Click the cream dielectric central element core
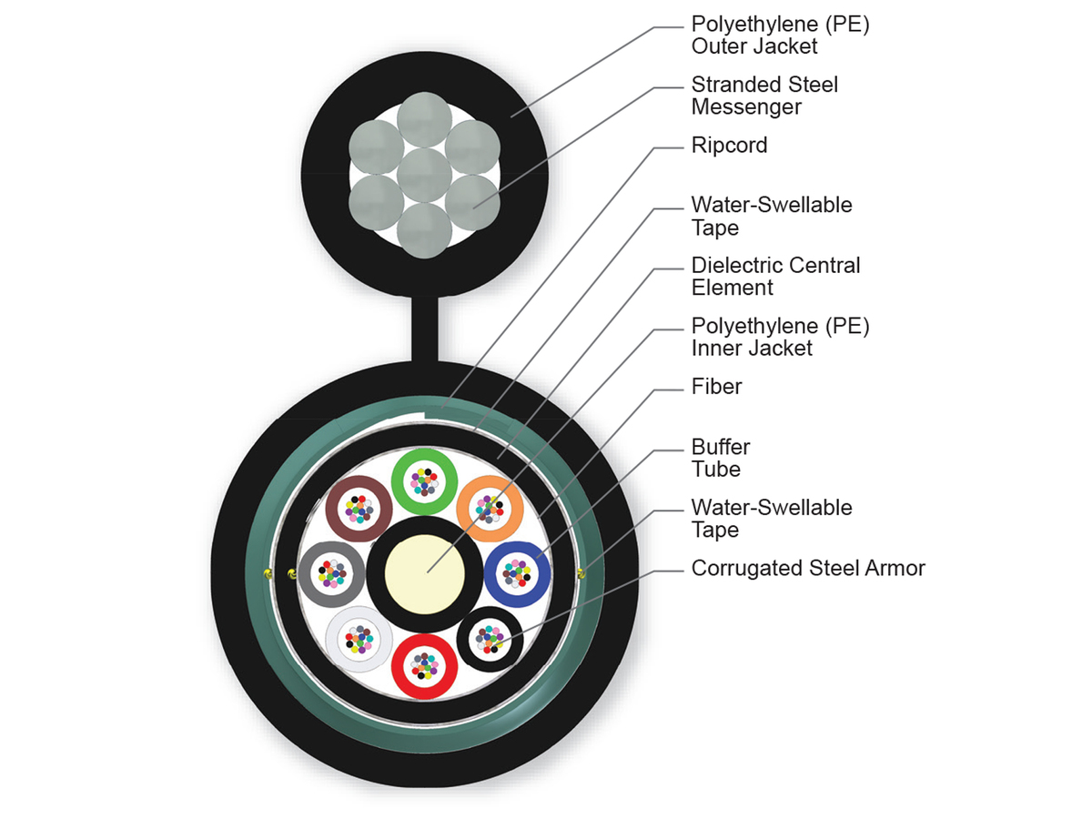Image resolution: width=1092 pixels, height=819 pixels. pyautogui.click(x=426, y=574)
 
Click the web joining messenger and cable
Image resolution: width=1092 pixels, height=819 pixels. pyautogui.click(x=425, y=328)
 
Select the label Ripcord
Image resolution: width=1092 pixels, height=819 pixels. pyautogui.click(x=729, y=146)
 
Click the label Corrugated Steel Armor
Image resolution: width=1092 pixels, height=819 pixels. pyautogui.click(x=808, y=569)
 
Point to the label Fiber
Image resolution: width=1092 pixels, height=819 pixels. pyautogui.click(x=716, y=387)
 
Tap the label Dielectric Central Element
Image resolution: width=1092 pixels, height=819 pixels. pyautogui.click(x=775, y=277)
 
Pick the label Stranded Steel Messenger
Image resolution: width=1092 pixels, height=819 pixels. pyautogui.click(x=764, y=96)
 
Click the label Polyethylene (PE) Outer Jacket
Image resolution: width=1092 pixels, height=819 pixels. pyautogui.click(x=780, y=35)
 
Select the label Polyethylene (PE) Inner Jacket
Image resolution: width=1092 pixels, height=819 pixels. pyautogui.click(x=780, y=337)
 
